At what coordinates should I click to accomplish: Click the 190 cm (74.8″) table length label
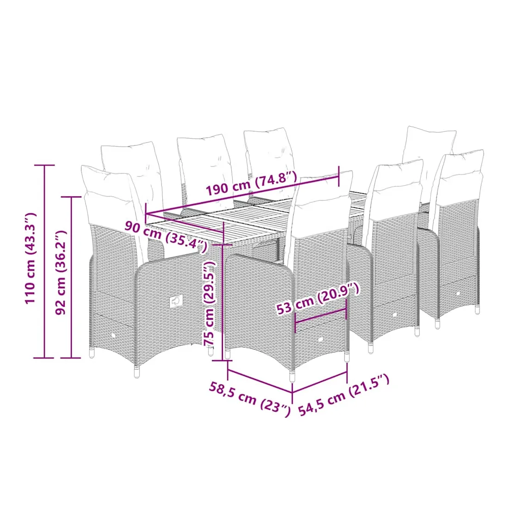(x=252, y=183)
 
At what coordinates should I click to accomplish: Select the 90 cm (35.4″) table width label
(x=166, y=236)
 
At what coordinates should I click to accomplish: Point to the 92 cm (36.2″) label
(x=60, y=273)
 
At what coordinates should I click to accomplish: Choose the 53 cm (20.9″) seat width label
(x=318, y=298)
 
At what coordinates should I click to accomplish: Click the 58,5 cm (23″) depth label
(x=249, y=399)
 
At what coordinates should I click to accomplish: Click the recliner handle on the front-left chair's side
(x=176, y=302)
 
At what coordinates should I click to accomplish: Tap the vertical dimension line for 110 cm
(x=44, y=261)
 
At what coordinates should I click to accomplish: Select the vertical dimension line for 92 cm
(x=72, y=277)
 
